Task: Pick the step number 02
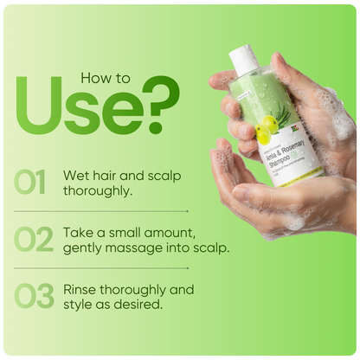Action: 34,240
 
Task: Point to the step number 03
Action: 34,296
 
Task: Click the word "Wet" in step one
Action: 75,175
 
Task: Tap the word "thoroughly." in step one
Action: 98,190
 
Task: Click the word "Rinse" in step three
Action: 81,289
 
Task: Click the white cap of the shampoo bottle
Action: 244,60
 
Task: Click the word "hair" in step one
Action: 106,175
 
